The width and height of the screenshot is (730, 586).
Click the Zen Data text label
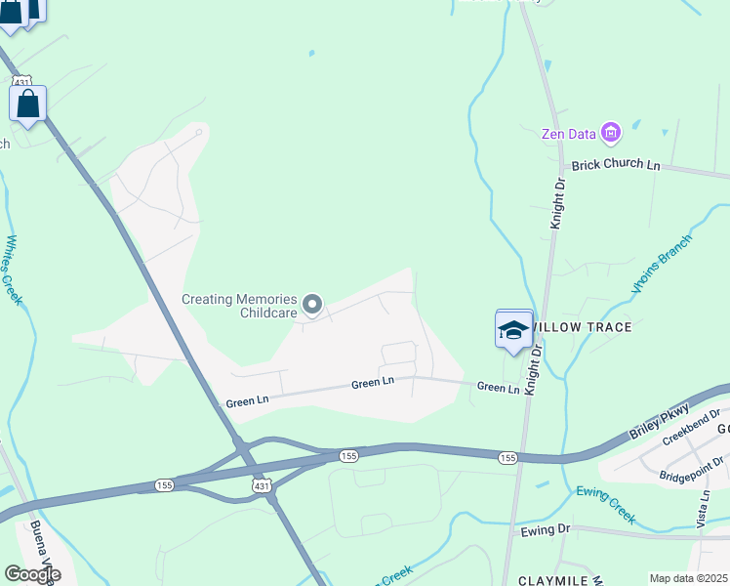(x=569, y=134)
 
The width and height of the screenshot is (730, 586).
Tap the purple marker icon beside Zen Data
(x=611, y=132)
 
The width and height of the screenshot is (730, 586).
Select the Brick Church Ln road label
(x=616, y=165)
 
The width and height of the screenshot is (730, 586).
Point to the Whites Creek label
(x=13, y=270)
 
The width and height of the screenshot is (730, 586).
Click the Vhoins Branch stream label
(x=661, y=264)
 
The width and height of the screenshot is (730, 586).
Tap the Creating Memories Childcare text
(x=239, y=306)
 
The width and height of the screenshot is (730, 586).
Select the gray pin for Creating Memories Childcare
(x=312, y=306)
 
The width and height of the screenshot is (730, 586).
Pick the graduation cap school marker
(x=514, y=330)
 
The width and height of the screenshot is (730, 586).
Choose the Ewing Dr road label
(x=545, y=529)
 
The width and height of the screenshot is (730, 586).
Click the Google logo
(x=32, y=573)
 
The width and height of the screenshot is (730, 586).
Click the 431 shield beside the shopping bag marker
(x=23, y=82)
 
